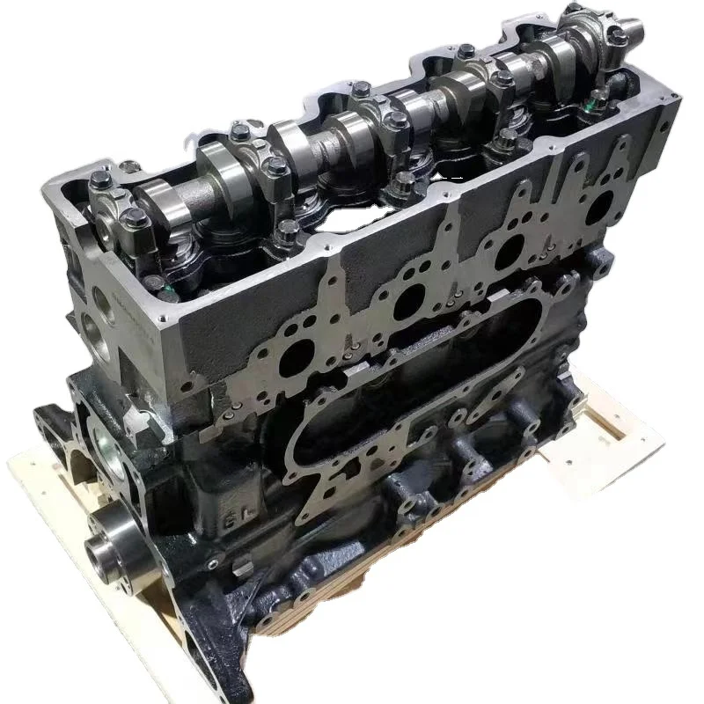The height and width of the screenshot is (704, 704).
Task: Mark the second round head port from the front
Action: coord(407,304)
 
